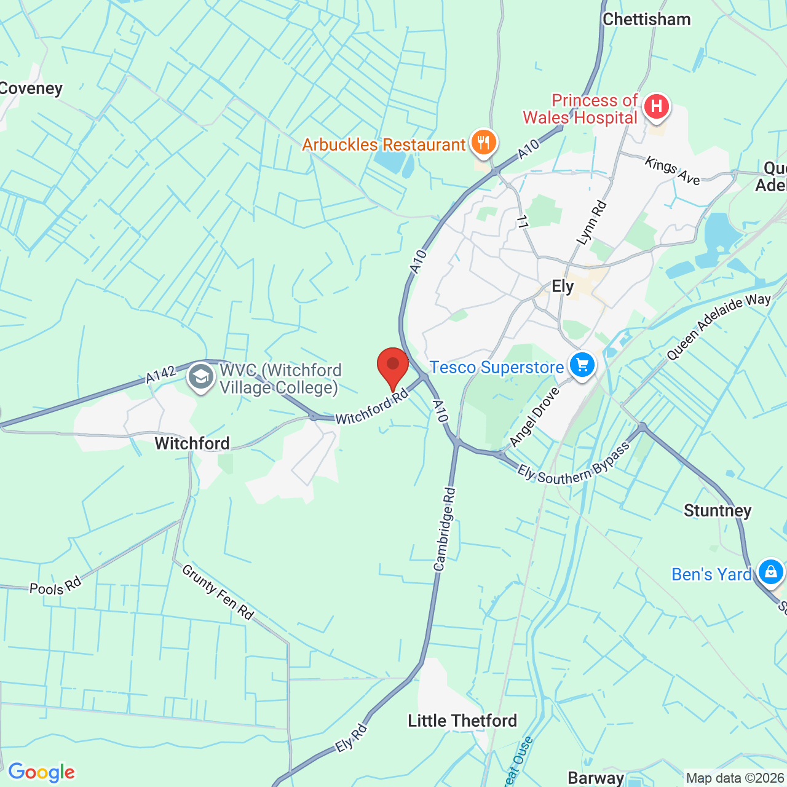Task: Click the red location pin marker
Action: click(393, 366)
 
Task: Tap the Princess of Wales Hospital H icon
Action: click(656, 107)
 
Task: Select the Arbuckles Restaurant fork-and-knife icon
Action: click(484, 143)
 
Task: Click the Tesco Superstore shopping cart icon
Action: click(582, 365)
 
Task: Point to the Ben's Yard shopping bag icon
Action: click(770, 572)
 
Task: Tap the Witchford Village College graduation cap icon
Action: click(201, 377)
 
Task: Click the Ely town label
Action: click(563, 287)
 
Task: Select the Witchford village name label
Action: click(192, 443)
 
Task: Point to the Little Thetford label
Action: click(462, 721)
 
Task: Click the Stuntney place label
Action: click(718, 511)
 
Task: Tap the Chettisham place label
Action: click(647, 20)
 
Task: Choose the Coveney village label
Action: click(31, 89)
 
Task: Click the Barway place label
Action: click(596, 778)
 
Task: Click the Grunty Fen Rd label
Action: click(218, 592)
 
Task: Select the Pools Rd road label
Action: click(55, 587)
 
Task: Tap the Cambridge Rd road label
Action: click(445, 529)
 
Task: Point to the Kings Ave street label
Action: click(672, 170)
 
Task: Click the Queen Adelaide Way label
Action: click(719, 326)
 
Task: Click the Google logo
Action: click(42, 772)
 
